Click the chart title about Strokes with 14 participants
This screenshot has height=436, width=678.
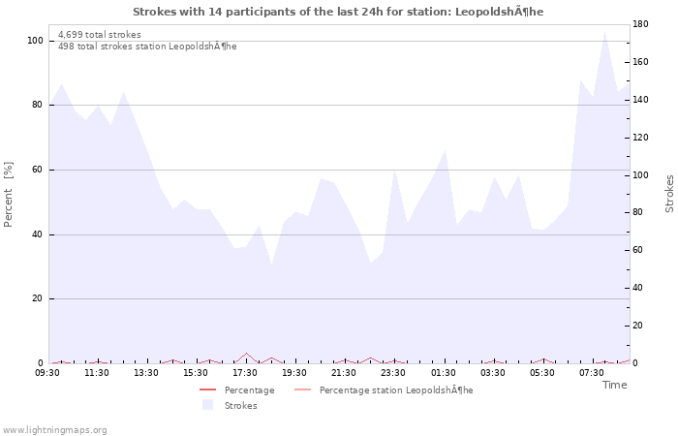pyautogui.click(x=338, y=12)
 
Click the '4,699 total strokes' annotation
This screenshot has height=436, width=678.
pyautogui.click(x=99, y=35)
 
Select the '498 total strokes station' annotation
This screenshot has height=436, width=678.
pyautogui.click(x=147, y=47)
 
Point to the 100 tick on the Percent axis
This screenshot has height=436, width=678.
pyautogui.click(x=35, y=41)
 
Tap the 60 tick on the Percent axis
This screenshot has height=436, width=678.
pyautogui.click(x=37, y=170)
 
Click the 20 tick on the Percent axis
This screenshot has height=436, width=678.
pyautogui.click(x=37, y=298)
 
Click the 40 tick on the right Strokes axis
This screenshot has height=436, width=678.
pyautogui.click(x=640, y=288)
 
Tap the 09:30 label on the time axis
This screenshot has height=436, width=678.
pyautogui.click(x=48, y=373)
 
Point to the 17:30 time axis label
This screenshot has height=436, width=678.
pyautogui.click(x=245, y=373)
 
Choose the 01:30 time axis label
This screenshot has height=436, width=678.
pyautogui.click(x=444, y=373)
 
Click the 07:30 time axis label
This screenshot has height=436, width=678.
pyautogui.click(x=592, y=373)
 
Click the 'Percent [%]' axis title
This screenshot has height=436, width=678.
pyautogui.click(x=9, y=194)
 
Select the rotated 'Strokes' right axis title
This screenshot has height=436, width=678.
pyautogui.click(x=669, y=194)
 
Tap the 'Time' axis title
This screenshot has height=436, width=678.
pyautogui.click(x=614, y=385)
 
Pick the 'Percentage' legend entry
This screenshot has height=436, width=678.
pyautogui.click(x=249, y=390)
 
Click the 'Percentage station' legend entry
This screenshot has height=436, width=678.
pyautogui.click(x=396, y=390)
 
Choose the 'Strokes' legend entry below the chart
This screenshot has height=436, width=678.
pyautogui.click(x=240, y=406)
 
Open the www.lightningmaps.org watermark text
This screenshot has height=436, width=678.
pyautogui.click(x=54, y=430)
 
